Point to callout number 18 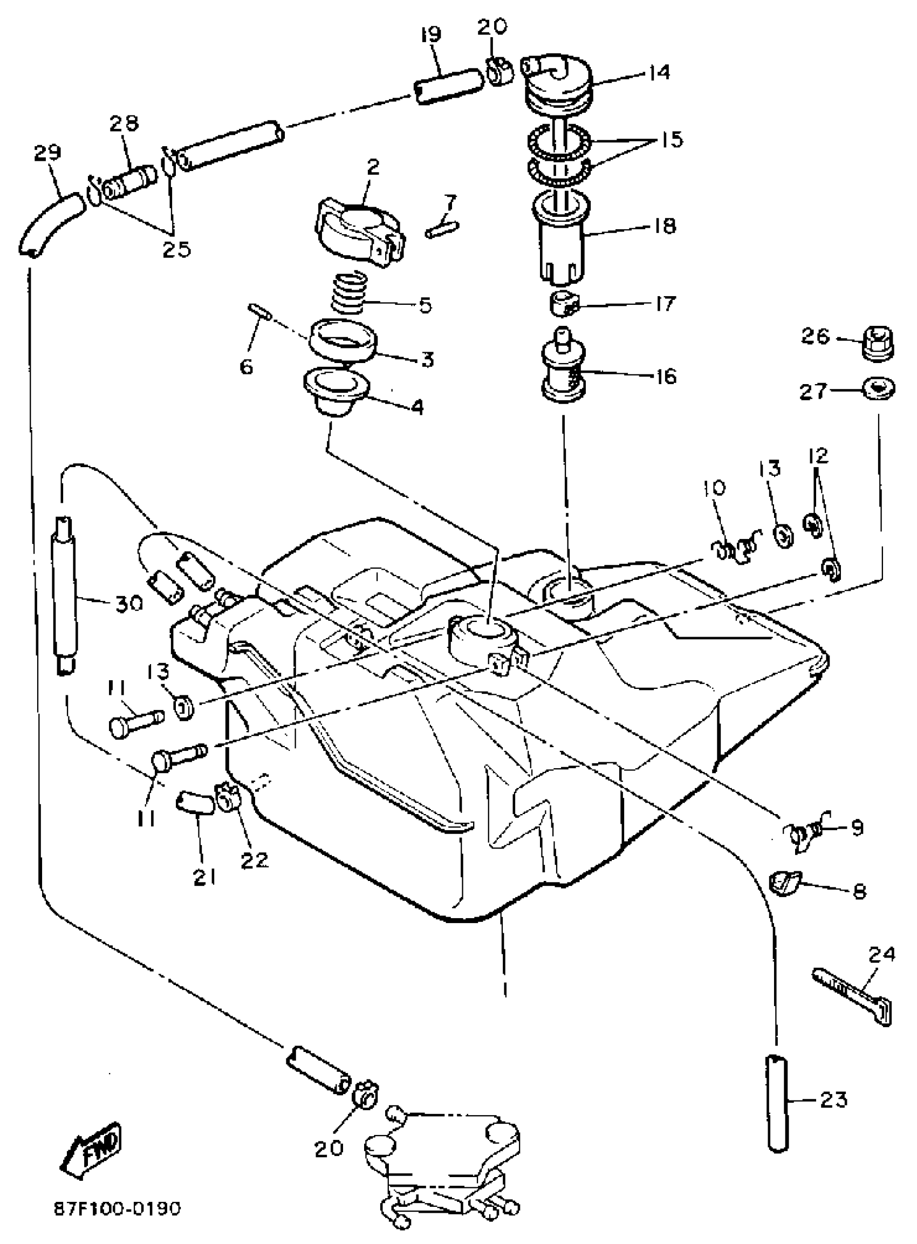662,227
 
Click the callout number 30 128,604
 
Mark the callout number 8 859,891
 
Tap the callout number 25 176,249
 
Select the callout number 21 204,878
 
